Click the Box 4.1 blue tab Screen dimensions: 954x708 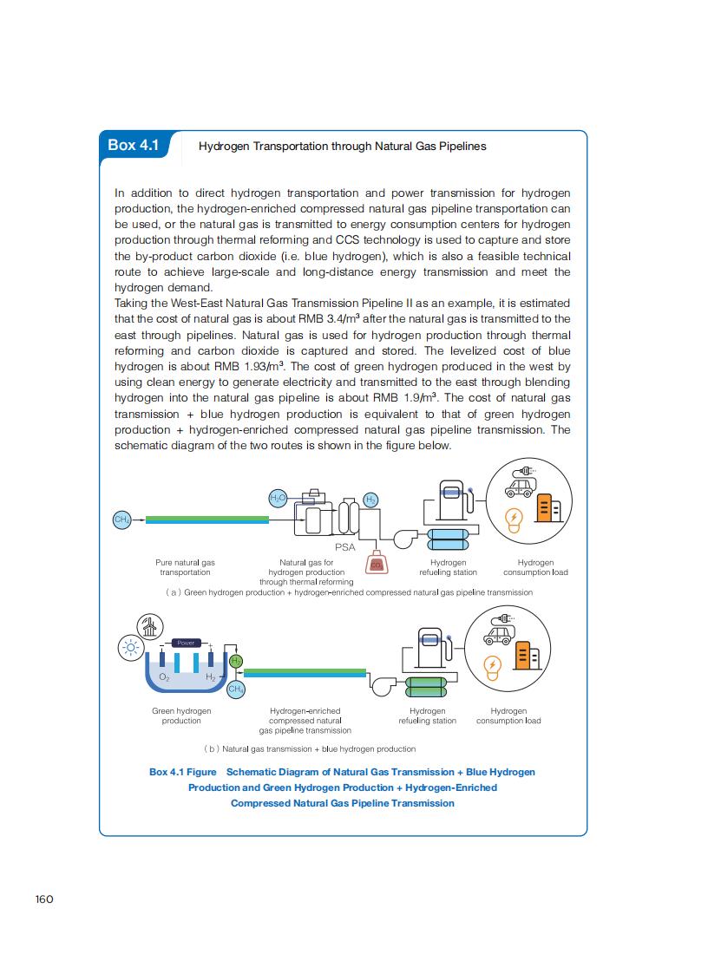pyautogui.click(x=134, y=145)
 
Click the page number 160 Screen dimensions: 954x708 pyautogui.click(x=44, y=898)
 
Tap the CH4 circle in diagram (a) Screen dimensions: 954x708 pyautogui.click(x=121, y=519)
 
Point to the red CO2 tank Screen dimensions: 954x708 pyautogui.click(x=377, y=563)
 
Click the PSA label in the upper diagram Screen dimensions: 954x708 pyautogui.click(x=344, y=547)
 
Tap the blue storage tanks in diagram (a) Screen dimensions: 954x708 pyautogui.click(x=449, y=539)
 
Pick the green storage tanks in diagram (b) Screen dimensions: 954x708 pyautogui.click(x=426, y=686)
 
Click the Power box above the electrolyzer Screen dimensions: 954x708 pyautogui.click(x=187, y=643)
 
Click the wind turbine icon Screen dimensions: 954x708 pyautogui.click(x=150, y=626)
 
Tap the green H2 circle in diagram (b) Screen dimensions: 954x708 pyautogui.click(x=235, y=662)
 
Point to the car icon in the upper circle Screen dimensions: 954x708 pyautogui.click(x=522, y=488)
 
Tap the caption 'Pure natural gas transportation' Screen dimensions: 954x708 pyautogui.click(x=185, y=567)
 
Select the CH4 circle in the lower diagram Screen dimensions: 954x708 pyautogui.click(x=235, y=689)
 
